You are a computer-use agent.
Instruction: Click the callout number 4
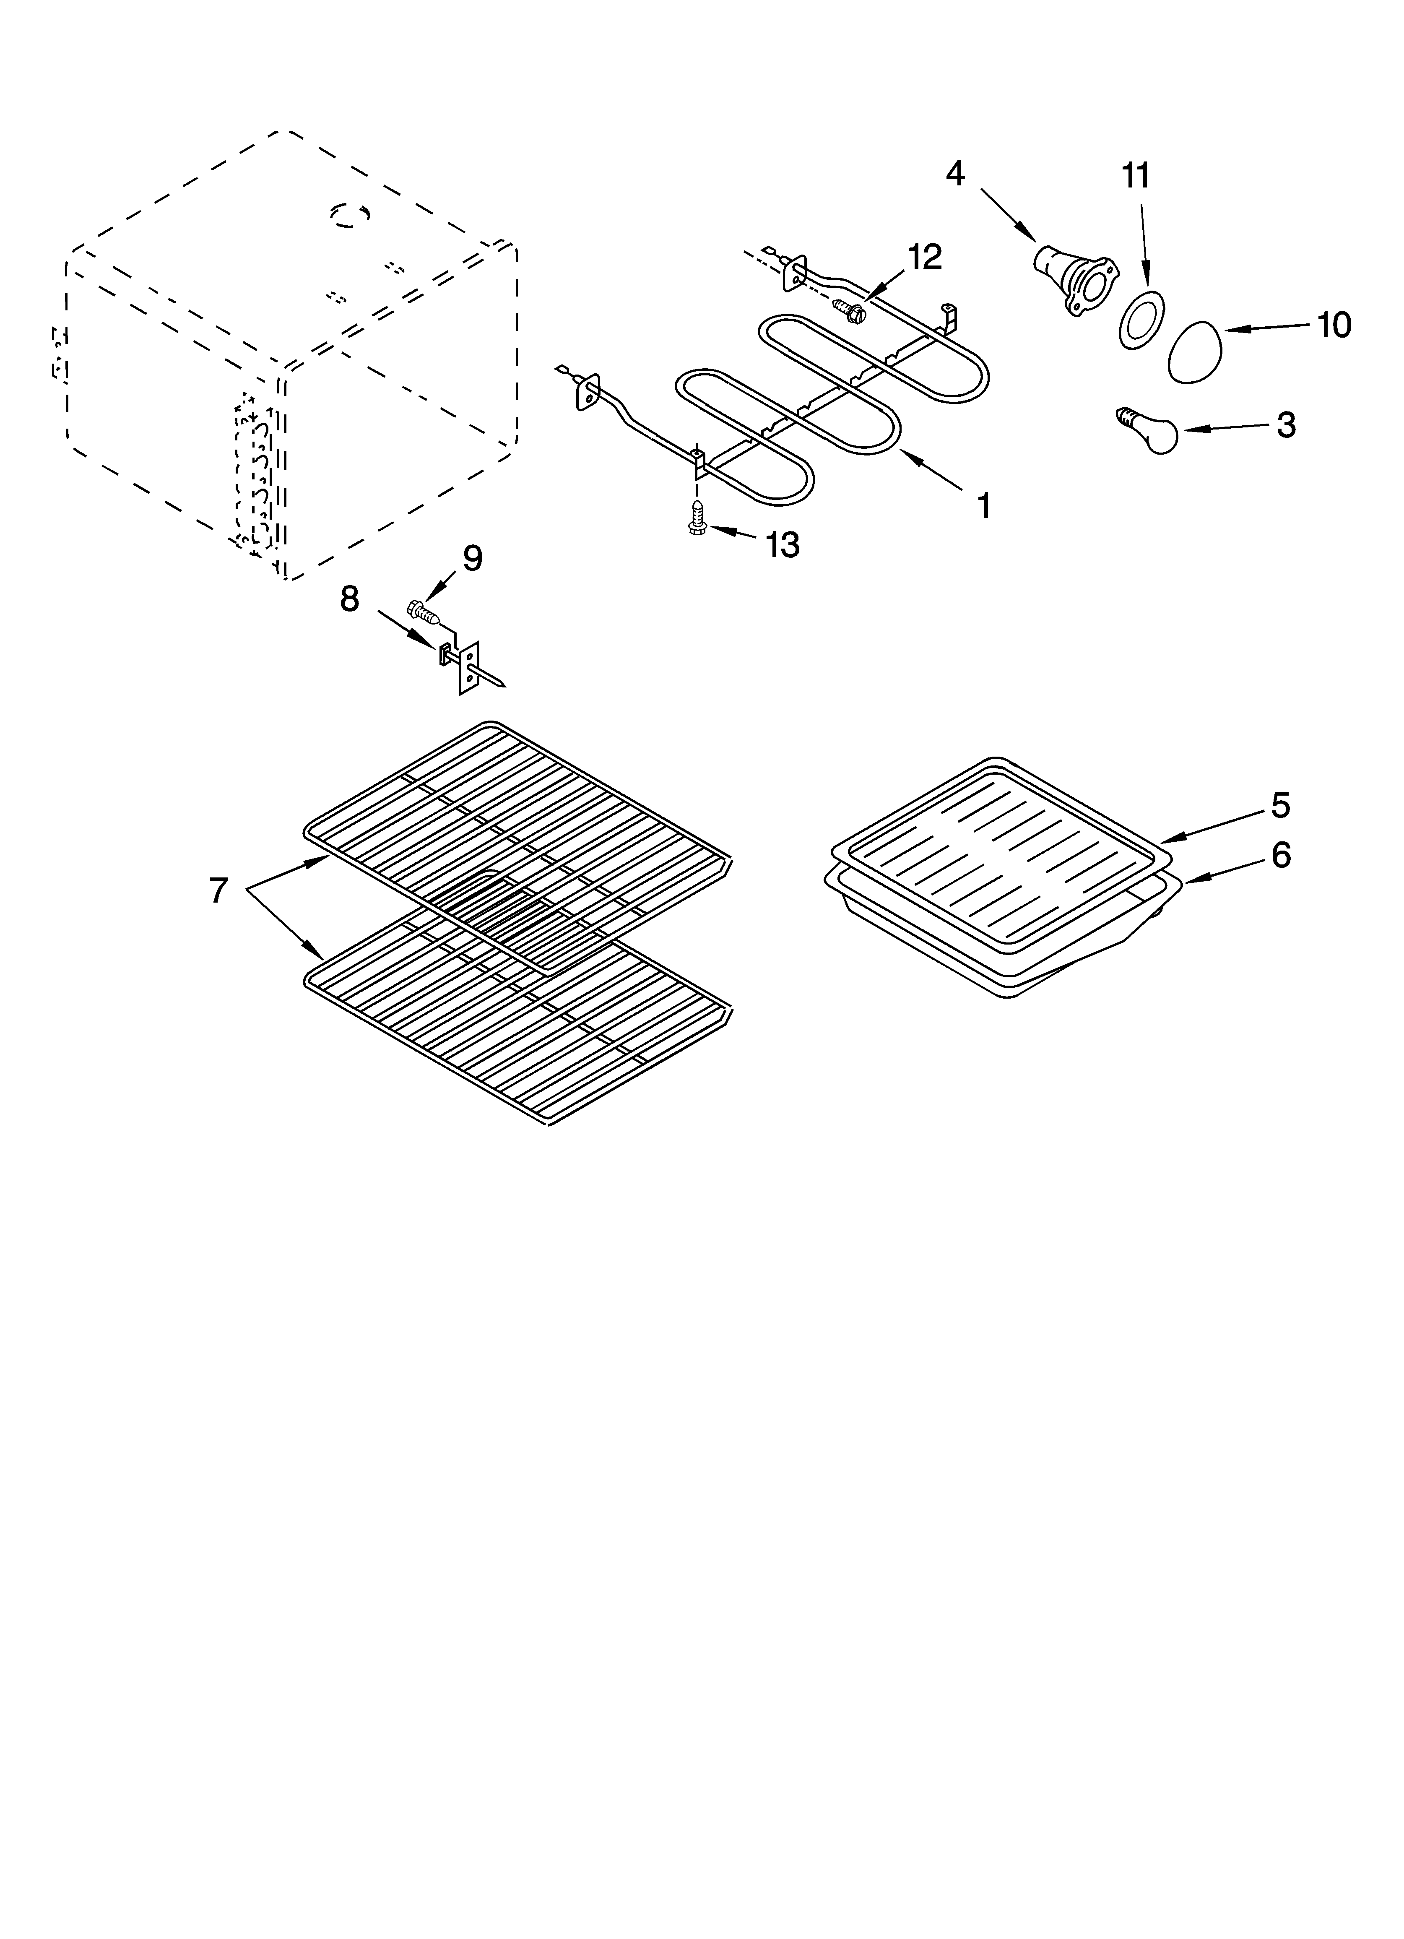point(955,174)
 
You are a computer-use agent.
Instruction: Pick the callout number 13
point(783,544)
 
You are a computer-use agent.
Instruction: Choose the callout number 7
point(219,891)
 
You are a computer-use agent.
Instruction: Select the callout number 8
point(349,599)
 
